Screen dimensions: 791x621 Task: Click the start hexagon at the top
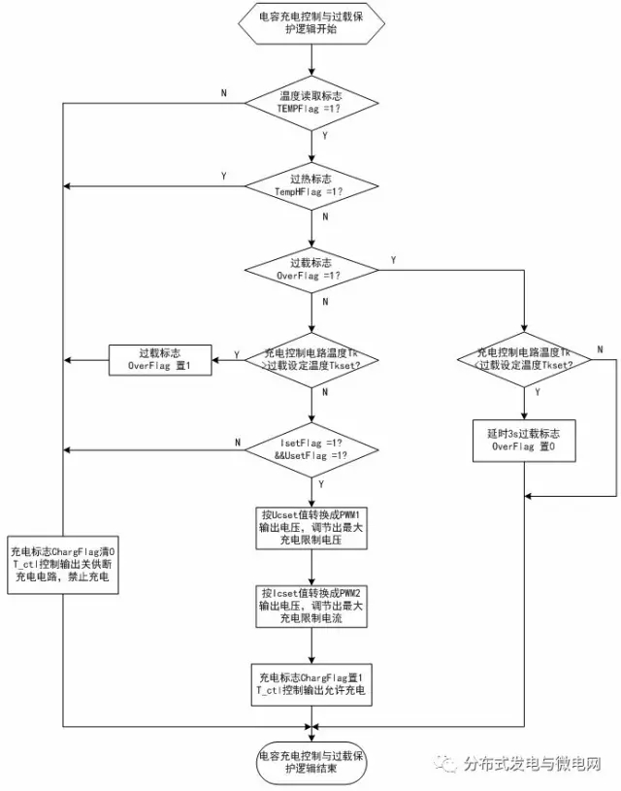[310, 23]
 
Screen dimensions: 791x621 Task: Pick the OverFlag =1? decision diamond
[310, 269]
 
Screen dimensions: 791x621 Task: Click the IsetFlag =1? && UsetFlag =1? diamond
[310, 448]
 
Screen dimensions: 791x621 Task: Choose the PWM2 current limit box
[310, 607]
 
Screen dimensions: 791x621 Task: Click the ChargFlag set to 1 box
[310, 682]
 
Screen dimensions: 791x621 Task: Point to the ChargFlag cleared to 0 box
[64, 564]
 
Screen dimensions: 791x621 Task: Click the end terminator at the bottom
[310, 763]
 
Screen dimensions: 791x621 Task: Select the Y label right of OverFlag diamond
[392, 261]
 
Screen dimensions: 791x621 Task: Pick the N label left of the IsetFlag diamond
[238, 442]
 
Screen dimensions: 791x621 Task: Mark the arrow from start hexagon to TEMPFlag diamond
[310, 59]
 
